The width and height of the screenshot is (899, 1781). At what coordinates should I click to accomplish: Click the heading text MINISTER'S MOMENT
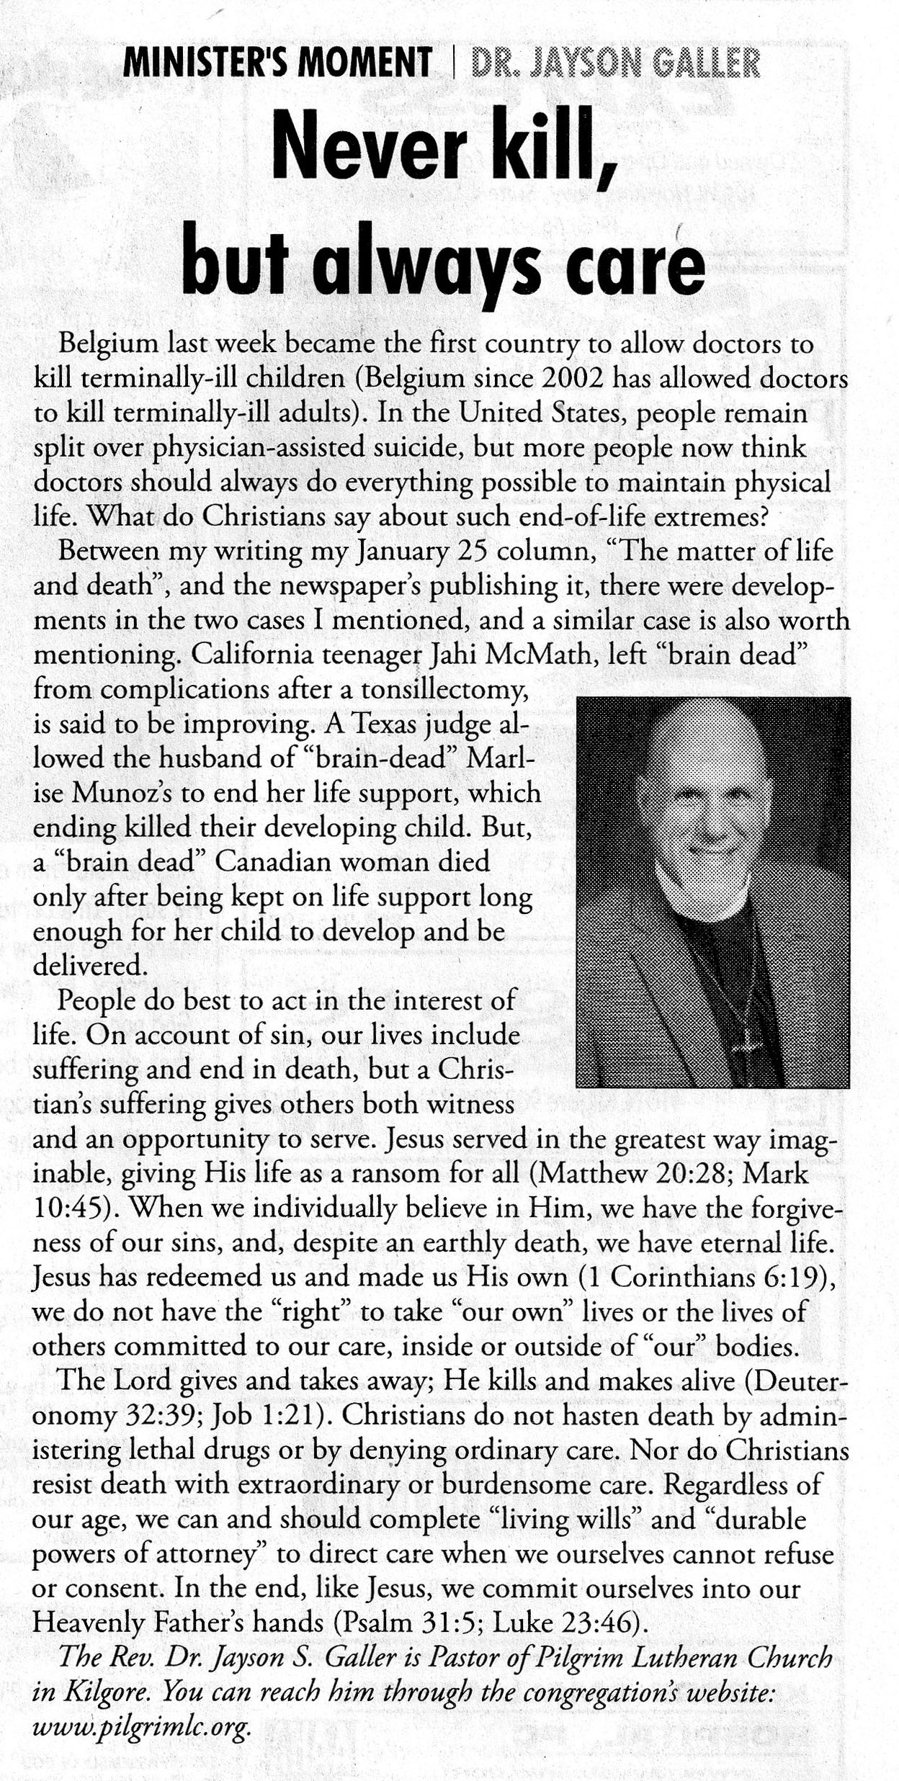click(277, 63)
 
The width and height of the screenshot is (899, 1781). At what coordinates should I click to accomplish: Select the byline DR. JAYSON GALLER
click(614, 63)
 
